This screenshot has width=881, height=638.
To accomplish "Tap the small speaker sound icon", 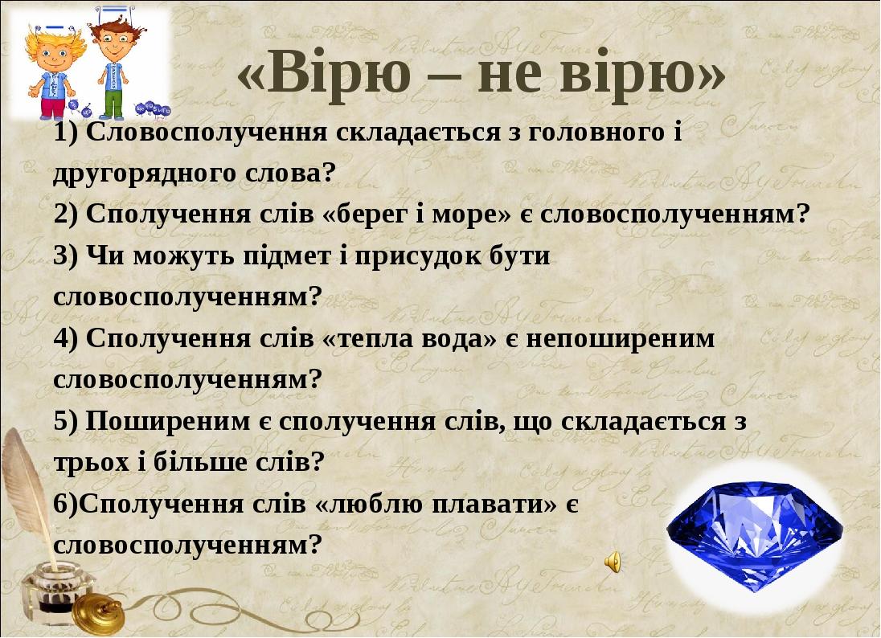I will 613,561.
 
